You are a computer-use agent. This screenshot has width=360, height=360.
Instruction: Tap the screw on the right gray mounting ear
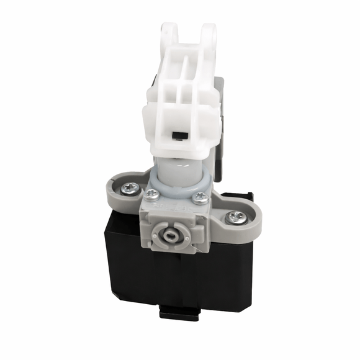pyautogui.click(x=235, y=217)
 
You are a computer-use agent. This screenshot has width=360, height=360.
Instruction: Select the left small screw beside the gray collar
pyautogui.click(x=151, y=194)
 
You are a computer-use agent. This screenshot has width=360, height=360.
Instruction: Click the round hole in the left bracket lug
pyautogui.click(x=169, y=35)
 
